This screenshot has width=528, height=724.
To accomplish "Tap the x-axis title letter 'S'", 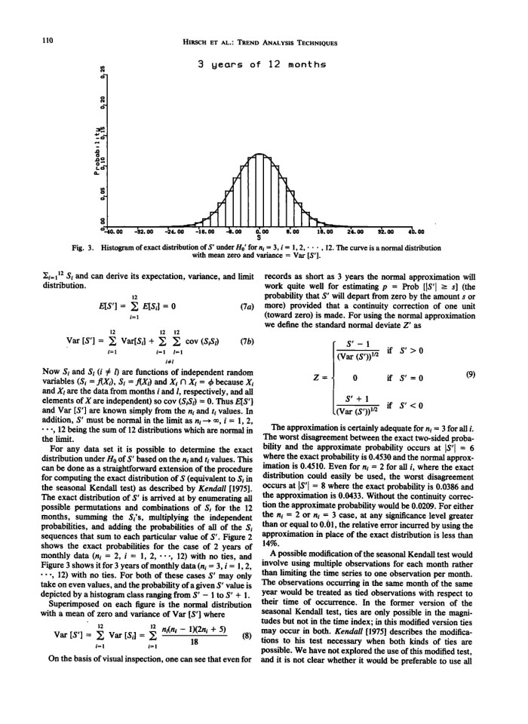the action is [x=259, y=240].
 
